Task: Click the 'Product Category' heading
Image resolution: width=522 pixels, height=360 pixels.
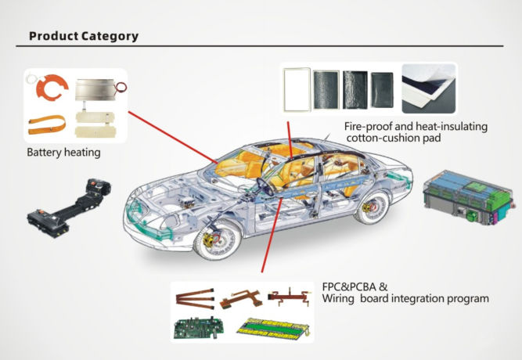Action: tap(84, 36)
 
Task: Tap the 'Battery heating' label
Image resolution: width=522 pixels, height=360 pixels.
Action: tap(63, 153)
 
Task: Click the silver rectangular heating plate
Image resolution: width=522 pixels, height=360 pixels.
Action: tap(95, 89)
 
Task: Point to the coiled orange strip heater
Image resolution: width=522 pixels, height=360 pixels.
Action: tap(47, 124)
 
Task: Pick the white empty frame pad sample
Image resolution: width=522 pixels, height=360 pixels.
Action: tap(297, 89)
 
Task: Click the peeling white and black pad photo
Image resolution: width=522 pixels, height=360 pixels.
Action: tap(428, 88)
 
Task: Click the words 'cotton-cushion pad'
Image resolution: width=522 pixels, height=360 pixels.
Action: tap(394, 138)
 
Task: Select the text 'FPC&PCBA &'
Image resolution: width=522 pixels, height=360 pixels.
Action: tap(355, 286)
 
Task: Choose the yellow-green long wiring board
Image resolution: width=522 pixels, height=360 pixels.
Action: tap(274, 329)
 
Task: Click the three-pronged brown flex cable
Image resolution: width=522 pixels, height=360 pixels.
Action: tap(195, 299)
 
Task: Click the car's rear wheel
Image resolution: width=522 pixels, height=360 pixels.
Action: tap(372, 207)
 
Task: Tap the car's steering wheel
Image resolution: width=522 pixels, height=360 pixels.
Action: tap(265, 186)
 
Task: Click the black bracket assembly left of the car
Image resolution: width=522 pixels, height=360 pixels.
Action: tap(69, 208)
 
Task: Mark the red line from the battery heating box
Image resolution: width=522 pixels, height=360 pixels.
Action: tap(174, 138)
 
